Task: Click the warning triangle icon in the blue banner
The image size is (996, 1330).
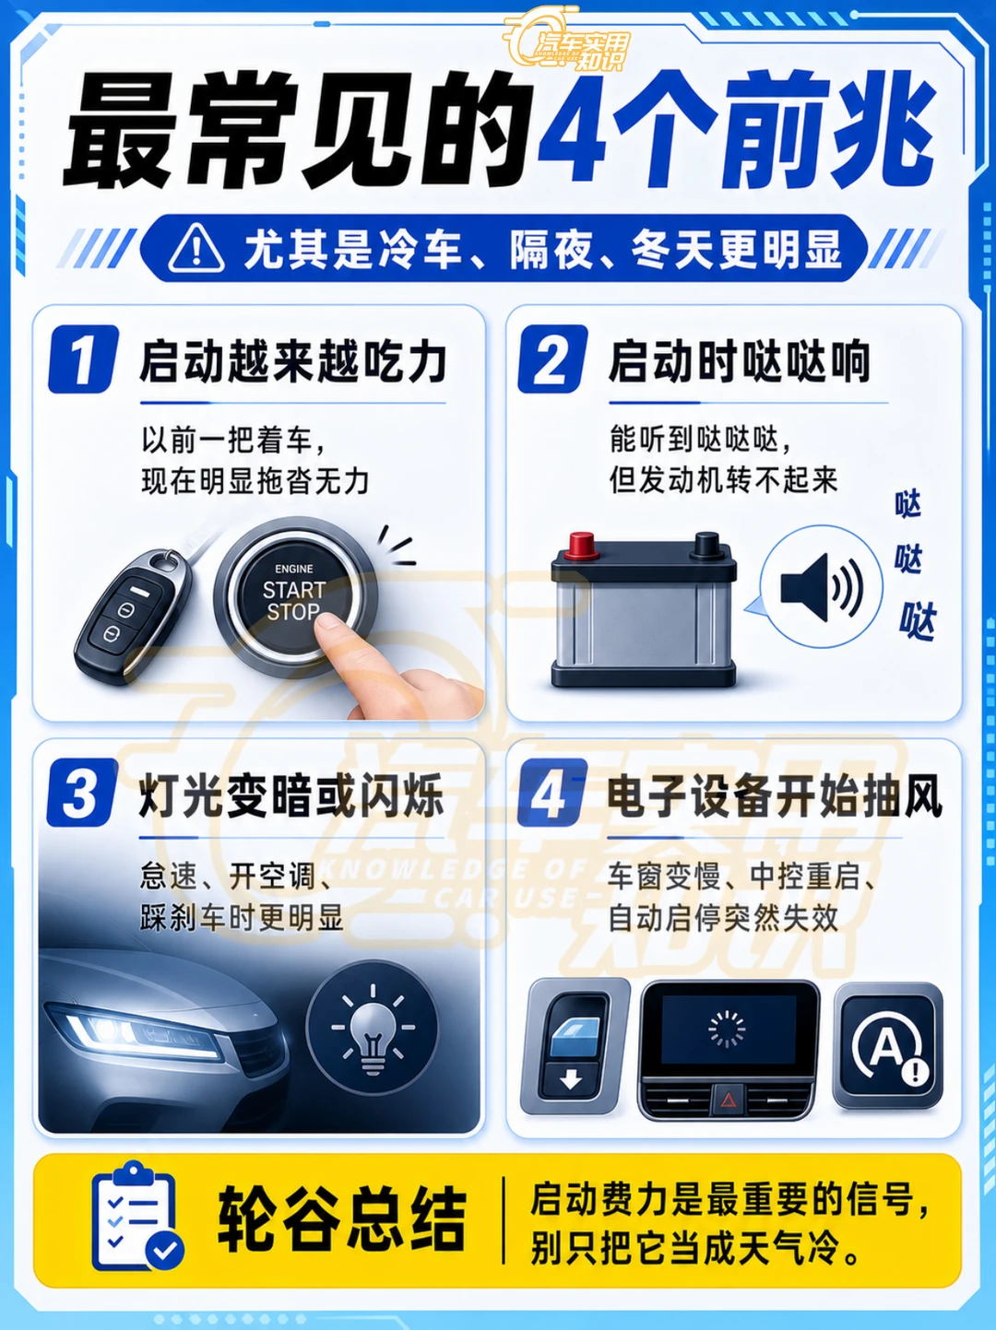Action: pos(196,249)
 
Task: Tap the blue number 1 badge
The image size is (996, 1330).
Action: pos(83,359)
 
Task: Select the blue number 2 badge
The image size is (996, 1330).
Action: pos(552,359)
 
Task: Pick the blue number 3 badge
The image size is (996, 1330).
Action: pos(82,792)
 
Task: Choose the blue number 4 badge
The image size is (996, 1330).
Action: pos(551,792)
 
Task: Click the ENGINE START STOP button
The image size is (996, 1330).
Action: pos(296,592)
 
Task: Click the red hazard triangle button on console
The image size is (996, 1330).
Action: pos(728,1100)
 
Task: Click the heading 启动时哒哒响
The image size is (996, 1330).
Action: pos(739,361)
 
